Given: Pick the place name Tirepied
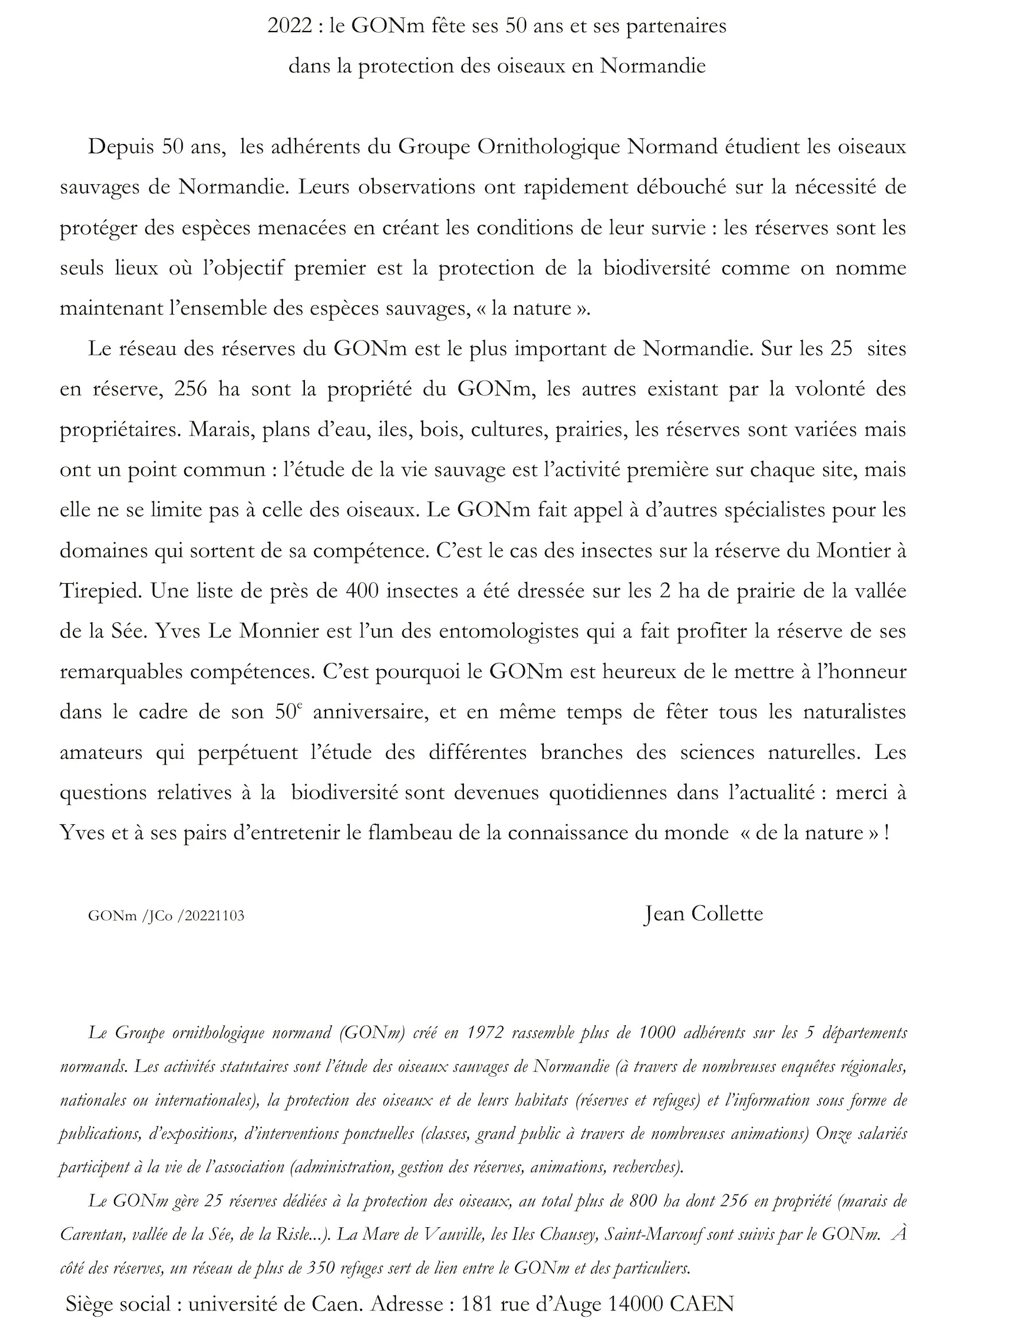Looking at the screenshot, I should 99,591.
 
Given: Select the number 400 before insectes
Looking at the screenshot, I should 362,591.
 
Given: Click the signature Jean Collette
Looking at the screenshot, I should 703,913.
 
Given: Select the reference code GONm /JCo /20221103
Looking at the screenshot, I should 166,916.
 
